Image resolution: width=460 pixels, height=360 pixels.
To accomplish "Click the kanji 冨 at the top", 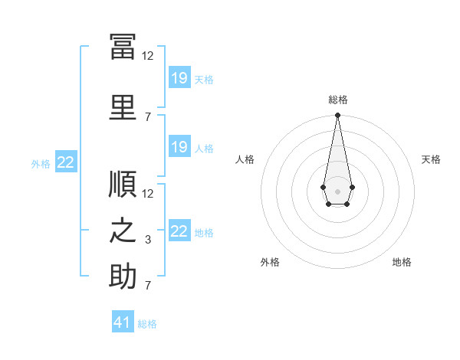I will click(123, 45).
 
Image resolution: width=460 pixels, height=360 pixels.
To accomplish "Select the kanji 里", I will click(123, 107).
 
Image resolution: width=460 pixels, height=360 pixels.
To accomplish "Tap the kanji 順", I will click(123, 185).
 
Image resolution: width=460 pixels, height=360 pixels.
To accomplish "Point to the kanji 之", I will click(123, 231).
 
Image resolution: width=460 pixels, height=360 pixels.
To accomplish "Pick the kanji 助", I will click(123, 277).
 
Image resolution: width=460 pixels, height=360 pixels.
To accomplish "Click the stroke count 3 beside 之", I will click(149, 240).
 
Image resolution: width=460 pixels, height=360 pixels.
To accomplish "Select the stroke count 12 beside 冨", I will click(148, 56).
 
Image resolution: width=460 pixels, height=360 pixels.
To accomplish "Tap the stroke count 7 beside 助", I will click(149, 286).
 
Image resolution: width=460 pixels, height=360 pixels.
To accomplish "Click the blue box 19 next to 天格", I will click(179, 78).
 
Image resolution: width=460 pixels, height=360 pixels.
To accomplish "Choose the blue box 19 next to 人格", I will click(179, 147).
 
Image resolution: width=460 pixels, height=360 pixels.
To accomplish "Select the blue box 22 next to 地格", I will click(179, 231).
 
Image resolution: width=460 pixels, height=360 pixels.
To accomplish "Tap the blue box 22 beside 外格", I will click(66, 162).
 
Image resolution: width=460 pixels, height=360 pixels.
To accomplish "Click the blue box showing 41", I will click(123, 322).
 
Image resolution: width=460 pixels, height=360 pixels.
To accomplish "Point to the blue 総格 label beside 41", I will click(147, 323).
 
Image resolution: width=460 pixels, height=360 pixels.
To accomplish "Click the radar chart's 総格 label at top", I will click(337, 100).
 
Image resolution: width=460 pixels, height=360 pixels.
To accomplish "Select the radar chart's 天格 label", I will click(431, 159).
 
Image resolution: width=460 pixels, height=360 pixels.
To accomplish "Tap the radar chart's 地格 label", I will click(402, 262).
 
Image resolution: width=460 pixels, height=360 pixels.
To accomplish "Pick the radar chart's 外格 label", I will click(270, 262).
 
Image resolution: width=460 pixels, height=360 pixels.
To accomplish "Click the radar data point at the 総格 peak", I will click(337, 116).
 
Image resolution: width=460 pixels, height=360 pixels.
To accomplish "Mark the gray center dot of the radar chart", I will click(337, 190).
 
